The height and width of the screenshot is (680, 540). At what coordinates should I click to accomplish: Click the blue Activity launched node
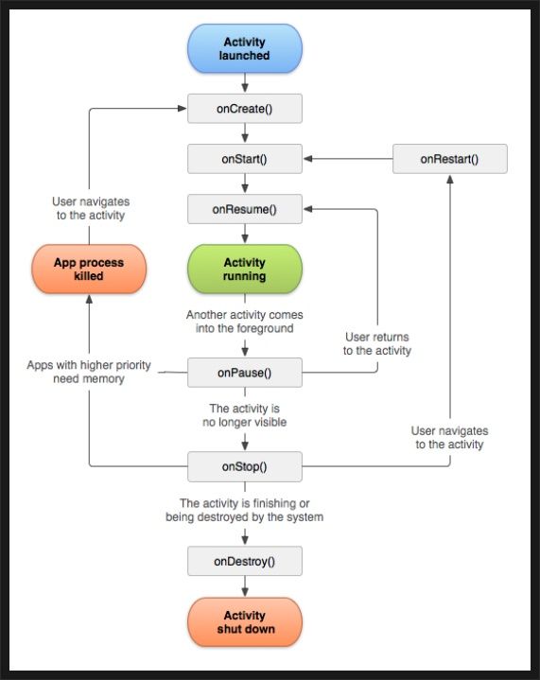click(x=245, y=48)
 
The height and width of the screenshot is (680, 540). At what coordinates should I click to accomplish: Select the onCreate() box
click(x=245, y=109)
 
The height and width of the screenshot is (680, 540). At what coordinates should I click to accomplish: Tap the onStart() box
click(x=245, y=159)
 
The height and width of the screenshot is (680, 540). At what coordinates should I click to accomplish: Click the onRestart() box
click(x=450, y=159)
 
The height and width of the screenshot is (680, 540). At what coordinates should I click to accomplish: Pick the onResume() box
click(x=245, y=209)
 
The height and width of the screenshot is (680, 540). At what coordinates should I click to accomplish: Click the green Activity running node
click(x=245, y=269)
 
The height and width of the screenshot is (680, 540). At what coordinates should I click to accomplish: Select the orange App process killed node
click(x=89, y=269)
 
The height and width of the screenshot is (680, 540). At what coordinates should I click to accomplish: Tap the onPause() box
click(x=245, y=373)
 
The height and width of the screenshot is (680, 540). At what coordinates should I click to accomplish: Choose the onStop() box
click(x=245, y=466)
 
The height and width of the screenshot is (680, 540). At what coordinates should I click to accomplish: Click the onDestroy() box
click(x=245, y=561)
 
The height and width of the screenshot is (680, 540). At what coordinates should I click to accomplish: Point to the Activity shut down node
click(x=245, y=622)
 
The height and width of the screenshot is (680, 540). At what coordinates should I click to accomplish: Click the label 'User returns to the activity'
click(x=377, y=343)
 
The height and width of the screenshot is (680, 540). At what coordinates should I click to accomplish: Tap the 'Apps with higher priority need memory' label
click(x=89, y=372)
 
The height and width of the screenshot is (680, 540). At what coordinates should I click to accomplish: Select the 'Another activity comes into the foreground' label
click(x=245, y=322)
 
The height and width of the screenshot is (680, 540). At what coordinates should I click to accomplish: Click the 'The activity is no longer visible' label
click(x=245, y=415)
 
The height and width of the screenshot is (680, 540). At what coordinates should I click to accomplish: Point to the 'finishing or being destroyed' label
click(x=245, y=510)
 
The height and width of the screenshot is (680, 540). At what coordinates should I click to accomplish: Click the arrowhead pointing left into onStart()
click(x=307, y=159)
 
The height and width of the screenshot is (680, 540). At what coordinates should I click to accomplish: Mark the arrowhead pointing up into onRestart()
click(x=450, y=179)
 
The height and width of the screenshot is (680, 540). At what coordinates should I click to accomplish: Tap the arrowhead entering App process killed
click(x=89, y=299)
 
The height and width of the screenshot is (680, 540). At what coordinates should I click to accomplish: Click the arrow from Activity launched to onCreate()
click(x=245, y=82)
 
